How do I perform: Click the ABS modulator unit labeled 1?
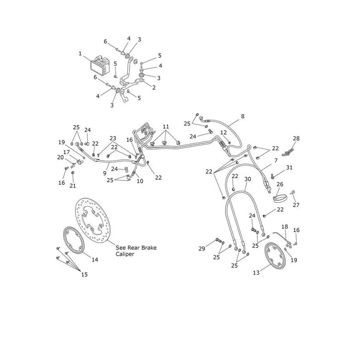tap(100, 66)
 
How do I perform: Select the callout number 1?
tap(80, 54)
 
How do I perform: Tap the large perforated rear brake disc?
tap(93, 220)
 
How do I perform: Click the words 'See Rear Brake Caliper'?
tap(136, 251)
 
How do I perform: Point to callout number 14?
tap(95, 260)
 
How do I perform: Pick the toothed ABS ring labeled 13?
tap(275, 256)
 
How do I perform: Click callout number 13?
tap(256, 273)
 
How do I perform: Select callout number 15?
tap(85, 274)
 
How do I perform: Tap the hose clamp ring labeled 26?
tap(280, 198)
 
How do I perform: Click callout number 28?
tap(296, 139)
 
